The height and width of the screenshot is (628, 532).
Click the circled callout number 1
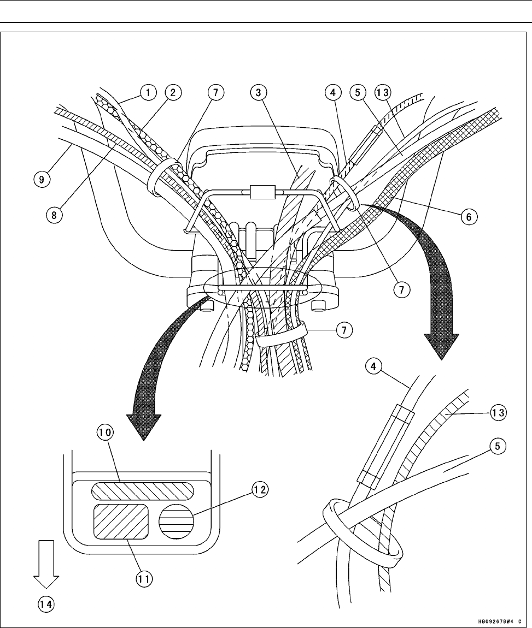pos(146,92)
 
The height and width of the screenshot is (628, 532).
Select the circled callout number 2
pos(172,92)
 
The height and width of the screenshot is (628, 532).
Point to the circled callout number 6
pos(469,217)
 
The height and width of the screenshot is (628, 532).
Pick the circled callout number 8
pos(52,215)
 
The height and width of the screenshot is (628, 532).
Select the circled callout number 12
pos(259,490)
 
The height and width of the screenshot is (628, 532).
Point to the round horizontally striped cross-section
pos(176,523)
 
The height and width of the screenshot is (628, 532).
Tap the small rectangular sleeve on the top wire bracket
pos(260,193)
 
